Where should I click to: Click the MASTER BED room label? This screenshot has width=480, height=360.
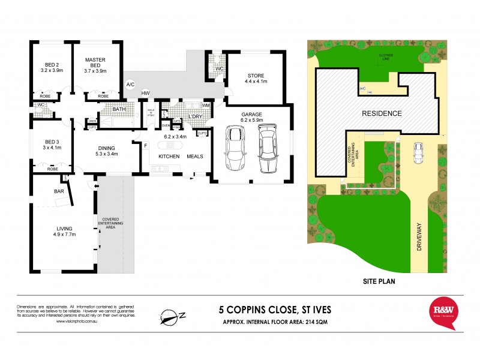[95, 60]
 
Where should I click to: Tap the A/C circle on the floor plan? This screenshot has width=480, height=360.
[130, 85]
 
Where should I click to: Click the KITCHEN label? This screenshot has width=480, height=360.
[169, 156]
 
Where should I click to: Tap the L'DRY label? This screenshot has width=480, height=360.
[194, 116]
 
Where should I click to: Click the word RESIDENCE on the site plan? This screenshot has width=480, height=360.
[382, 113]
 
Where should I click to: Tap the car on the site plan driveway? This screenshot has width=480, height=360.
[418, 154]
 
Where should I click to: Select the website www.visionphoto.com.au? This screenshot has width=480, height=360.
[77, 322]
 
